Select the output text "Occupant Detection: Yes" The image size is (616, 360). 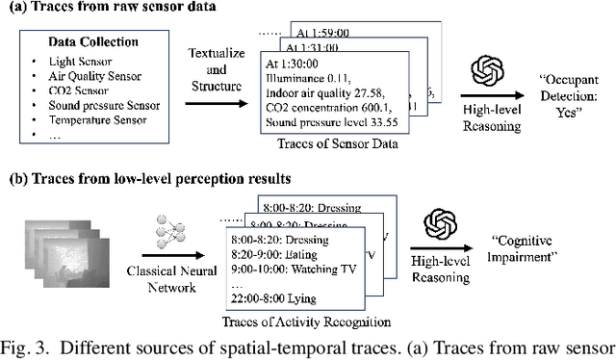pos(560,91)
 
